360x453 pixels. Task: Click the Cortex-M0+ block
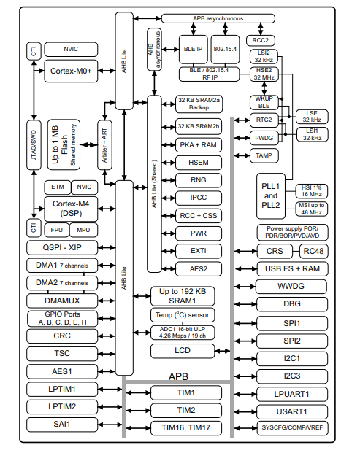pyautogui.click(x=71, y=71)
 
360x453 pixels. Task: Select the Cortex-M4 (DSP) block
pyautogui.click(x=71, y=209)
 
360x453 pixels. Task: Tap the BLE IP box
pyautogui.click(x=194, y=50)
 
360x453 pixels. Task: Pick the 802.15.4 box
pyautogui.click(x=225, y=50)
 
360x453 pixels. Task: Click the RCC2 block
pyautogui.click(x=261, y=40)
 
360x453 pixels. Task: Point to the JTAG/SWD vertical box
pyautogui.click(x=34, y=145)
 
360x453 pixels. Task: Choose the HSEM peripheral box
pyautogui.click(x=199, y=163)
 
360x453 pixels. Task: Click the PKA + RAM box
pyautogui.click(x=199, y=145)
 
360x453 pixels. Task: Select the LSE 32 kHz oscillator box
pyautogui.click(x=312, y=117)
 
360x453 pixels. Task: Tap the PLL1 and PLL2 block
pyautogui.click(x=271, y=196)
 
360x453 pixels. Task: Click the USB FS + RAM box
pyautogui.click(x=292, y=269)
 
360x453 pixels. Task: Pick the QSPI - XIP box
pyautogui.click(x=62, y=248)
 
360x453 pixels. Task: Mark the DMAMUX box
pyautogui.click(x=62, y=301)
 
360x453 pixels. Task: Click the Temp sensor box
pyautogui.click(x=183, y=315)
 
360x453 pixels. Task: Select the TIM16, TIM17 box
pyautogui.click(x=186, y=428)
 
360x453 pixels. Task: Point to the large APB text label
pyautogui.click(x=178, y=376)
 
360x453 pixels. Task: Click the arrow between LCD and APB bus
pyautogui.click(x=223, y=352)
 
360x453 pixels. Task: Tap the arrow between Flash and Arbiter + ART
pyautogui.click(x=89, y=144)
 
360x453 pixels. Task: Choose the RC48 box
pyautogui.click(x=313, y=252)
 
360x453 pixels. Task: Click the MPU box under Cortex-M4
pyautogui.click(x=83, y=230)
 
